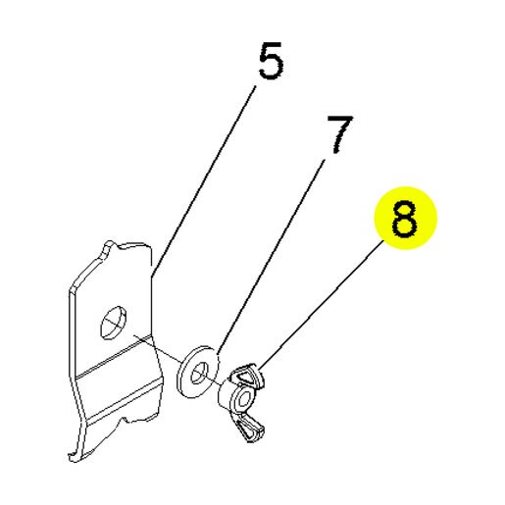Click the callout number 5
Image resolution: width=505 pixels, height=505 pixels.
point(271,61)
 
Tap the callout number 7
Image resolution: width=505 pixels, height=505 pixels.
point(340,134)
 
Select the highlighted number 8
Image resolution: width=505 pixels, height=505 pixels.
point(405,219)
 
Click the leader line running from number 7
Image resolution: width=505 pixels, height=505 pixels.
point(271,257)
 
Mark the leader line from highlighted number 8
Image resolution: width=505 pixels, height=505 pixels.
point(322,305)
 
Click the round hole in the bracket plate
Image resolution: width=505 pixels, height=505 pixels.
point(114,323)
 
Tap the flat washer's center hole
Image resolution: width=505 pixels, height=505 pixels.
point(198,374)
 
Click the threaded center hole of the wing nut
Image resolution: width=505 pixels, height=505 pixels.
point(243,399)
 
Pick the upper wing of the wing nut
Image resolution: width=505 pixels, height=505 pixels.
point(247,376)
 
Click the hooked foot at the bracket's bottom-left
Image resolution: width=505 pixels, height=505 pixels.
point(76,455)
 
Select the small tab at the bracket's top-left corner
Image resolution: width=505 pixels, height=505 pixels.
point(109,249)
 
